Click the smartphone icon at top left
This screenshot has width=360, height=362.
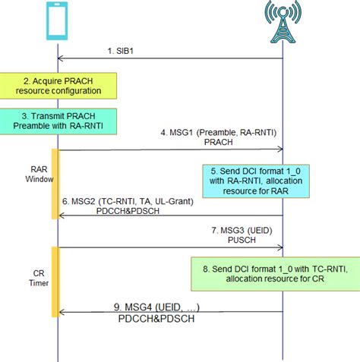click(58, 21)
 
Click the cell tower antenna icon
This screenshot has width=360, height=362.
click(283, 22)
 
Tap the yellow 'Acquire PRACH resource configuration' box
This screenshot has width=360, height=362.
click(58, 86)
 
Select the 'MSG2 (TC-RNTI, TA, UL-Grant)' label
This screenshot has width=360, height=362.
click(128, 200)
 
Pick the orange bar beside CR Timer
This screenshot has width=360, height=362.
click(55, 281)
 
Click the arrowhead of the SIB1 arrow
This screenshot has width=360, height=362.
click(62, 58)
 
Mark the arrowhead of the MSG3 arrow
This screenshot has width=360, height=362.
click(280, 247)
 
